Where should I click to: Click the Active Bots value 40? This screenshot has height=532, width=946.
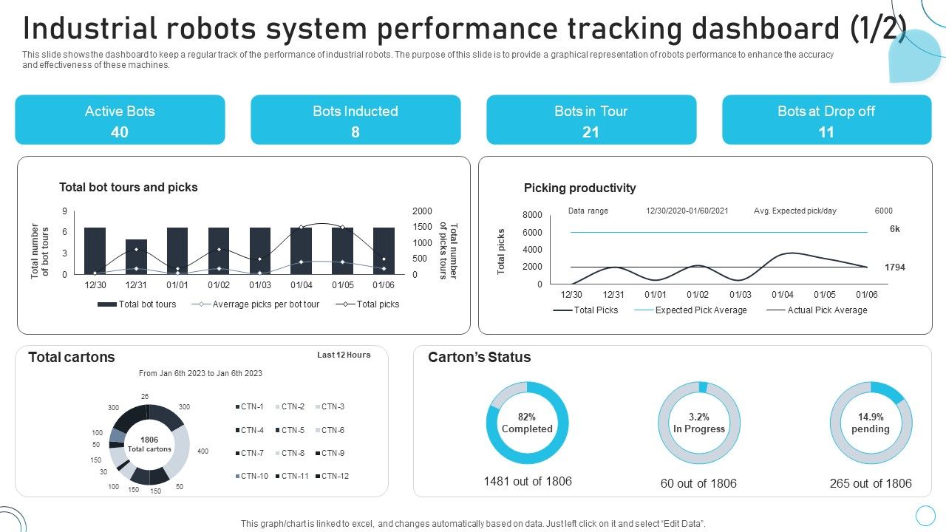[x=120, y=132]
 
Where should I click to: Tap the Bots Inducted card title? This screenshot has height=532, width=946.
[x=355, y=112]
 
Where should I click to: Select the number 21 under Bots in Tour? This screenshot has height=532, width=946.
[x=591, y=132]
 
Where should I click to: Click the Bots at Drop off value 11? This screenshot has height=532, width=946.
[x=826, y=132]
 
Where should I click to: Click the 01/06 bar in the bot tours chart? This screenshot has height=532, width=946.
[x=384, y=250]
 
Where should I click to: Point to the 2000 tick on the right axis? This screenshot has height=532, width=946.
[x=422, y=211]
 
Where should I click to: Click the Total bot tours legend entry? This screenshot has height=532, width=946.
[x=147, y=304]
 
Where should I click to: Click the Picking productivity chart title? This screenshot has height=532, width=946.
[x=579, y=188]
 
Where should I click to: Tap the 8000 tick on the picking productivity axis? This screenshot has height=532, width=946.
[x=532, y=215]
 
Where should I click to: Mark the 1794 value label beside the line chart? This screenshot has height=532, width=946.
[x=894, y=267]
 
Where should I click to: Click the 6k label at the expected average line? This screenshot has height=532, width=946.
[x=894, y=229]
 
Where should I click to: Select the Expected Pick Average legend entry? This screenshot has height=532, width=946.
[x=701, y=310]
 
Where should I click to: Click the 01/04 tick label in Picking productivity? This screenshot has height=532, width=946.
[x=783, y=295]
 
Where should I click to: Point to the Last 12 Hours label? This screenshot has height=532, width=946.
[x=344, y=355]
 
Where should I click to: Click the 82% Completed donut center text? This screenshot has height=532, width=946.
[x=527, y=423]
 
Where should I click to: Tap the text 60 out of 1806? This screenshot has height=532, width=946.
[x=698, y=484]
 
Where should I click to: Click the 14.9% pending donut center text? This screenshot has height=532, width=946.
[x=870, y=423]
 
